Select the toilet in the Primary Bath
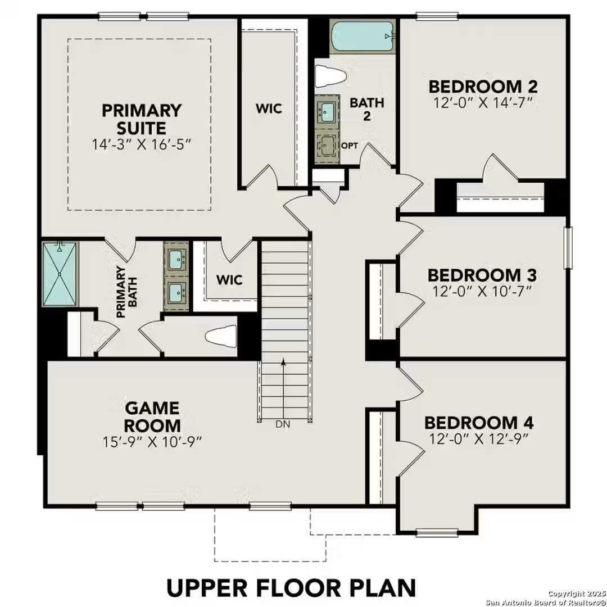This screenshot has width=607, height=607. [x=221, y=337]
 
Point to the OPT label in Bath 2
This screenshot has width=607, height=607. [x=349, y=146]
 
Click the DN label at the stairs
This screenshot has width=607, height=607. [x=283, y=424]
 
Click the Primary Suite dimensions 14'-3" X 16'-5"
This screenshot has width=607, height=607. [x=142, y=144]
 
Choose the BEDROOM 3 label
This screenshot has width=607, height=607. [x=482, y=275]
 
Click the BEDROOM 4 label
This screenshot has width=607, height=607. [x=479, y=423]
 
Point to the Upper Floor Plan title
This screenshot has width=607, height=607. [x=291, y=587]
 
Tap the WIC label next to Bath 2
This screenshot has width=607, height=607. [x=269, y=108]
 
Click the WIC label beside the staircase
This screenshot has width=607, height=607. [x=229, y=279]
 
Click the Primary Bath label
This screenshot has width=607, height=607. [x=125, y=292]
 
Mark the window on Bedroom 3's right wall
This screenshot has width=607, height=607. [x=568, y=247]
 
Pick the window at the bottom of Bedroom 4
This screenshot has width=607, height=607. [x=437, y=532]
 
